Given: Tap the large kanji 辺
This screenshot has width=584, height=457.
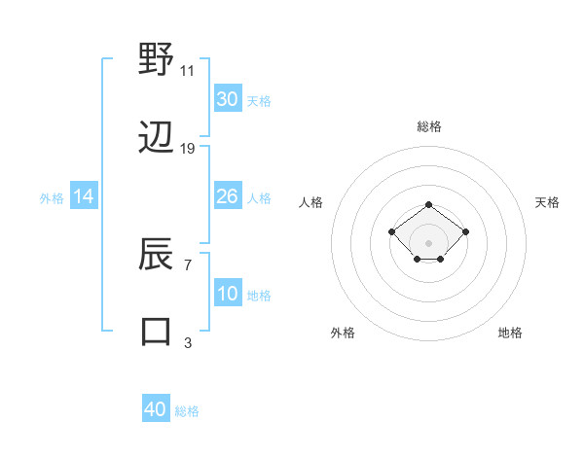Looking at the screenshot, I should click(x=157, y=139).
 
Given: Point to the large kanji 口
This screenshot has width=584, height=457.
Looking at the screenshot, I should click(x=157, y=332).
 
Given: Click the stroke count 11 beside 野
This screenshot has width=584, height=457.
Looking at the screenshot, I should click(x=188, y=70).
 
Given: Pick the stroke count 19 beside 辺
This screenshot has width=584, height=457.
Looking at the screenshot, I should click(x=188, y=149).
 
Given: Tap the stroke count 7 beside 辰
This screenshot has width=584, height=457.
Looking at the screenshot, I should click(x=188, y=264).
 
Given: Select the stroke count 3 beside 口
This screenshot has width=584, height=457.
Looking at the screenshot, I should click(x=188, y=342).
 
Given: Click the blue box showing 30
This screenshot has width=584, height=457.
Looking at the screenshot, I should click(x=227, y=99).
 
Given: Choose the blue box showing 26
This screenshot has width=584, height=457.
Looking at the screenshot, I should click(x=227, y=196).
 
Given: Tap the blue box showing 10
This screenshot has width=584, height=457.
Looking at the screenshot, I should click(x=227, y=294).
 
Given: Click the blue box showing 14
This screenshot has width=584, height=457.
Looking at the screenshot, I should click(x=84, y=196).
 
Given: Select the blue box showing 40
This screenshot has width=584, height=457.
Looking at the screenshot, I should click(x=156, y=409).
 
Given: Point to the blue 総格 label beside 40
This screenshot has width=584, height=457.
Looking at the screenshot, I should click(x=187, y=411).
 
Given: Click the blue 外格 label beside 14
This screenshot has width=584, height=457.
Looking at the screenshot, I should click(x=52, y=198).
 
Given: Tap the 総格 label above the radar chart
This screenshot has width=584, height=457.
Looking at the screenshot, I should click(x=429, y=126).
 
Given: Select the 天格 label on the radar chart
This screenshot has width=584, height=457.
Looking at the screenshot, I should click(x=548, y=202).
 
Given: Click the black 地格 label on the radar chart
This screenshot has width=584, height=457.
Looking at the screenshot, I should click(x=510, y=333).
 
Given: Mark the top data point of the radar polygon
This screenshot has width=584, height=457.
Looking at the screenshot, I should click(x=429, y=204).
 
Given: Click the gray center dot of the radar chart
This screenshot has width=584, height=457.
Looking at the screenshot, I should click(x=429, y=242).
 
